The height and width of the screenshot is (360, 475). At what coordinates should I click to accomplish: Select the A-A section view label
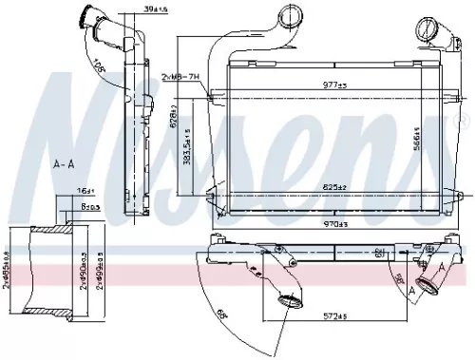pos(64,163)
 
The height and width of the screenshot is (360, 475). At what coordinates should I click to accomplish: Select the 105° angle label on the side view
pos(102,64)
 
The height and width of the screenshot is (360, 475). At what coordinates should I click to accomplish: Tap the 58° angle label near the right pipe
pos(400,282)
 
